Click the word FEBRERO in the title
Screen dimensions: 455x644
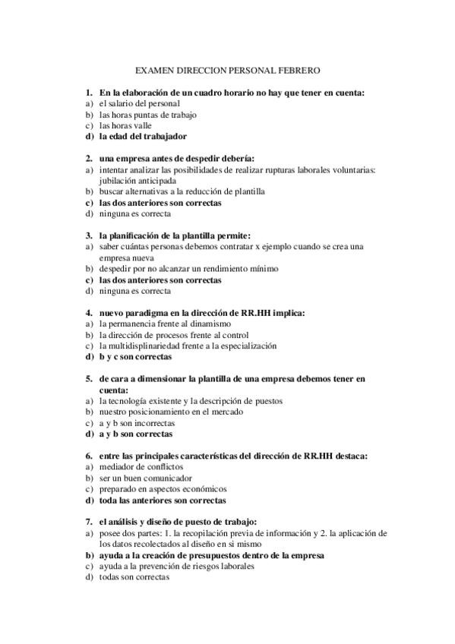point(299,70)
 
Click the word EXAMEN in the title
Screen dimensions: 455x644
point(154,70)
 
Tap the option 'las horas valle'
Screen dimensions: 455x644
point(125,125)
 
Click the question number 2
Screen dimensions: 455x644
point(89,159)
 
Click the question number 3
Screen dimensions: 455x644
point(89,235)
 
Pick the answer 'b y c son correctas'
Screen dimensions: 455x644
point(135,356)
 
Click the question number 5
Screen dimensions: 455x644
point(89,377)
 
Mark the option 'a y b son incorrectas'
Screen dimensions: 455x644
point(137,423)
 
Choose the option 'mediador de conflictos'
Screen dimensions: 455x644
point(137,467)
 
